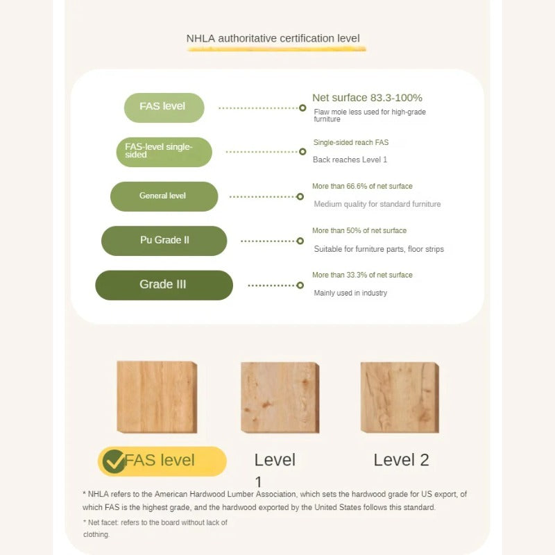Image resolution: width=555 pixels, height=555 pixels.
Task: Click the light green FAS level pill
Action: (x=164, y=108)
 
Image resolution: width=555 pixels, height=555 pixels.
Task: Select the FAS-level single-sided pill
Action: (x=164, y=152)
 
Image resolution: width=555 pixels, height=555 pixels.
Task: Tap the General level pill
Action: (x=164, y=196)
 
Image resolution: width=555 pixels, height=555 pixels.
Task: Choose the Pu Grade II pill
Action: (x=164, y=241)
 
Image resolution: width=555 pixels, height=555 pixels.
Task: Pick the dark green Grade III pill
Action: (x=164, y=285)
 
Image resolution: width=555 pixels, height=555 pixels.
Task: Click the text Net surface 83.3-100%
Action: (x=367, y=98)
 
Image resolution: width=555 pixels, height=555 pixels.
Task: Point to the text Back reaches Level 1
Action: (x=350, y=160)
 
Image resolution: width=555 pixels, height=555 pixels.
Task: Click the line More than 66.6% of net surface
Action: (x=362, y=186)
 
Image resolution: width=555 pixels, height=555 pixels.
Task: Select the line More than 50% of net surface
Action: (x=359, y=230)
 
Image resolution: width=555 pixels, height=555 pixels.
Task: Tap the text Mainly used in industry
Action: (x=350, y=293)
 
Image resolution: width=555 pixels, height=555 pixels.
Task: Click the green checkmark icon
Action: (x=114, y=461)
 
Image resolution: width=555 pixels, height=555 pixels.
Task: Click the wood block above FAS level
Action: (x=157, y=397)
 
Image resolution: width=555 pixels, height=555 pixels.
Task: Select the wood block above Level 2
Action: (x=400, y=397)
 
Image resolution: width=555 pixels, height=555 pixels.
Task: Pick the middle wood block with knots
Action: (x=280, y=397)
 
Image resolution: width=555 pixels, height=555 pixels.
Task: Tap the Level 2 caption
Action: (x=401, y=460)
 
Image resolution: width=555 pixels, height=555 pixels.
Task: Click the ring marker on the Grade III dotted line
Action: (x=300, y=285)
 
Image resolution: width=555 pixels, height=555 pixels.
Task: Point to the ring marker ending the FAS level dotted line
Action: (x=302, y=108)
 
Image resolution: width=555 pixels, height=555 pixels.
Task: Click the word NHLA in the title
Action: (x=200, y=38)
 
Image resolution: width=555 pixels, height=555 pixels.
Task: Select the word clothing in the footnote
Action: (x=96, y=534)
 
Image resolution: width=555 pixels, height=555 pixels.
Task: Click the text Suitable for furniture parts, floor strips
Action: (x=379, y=249)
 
